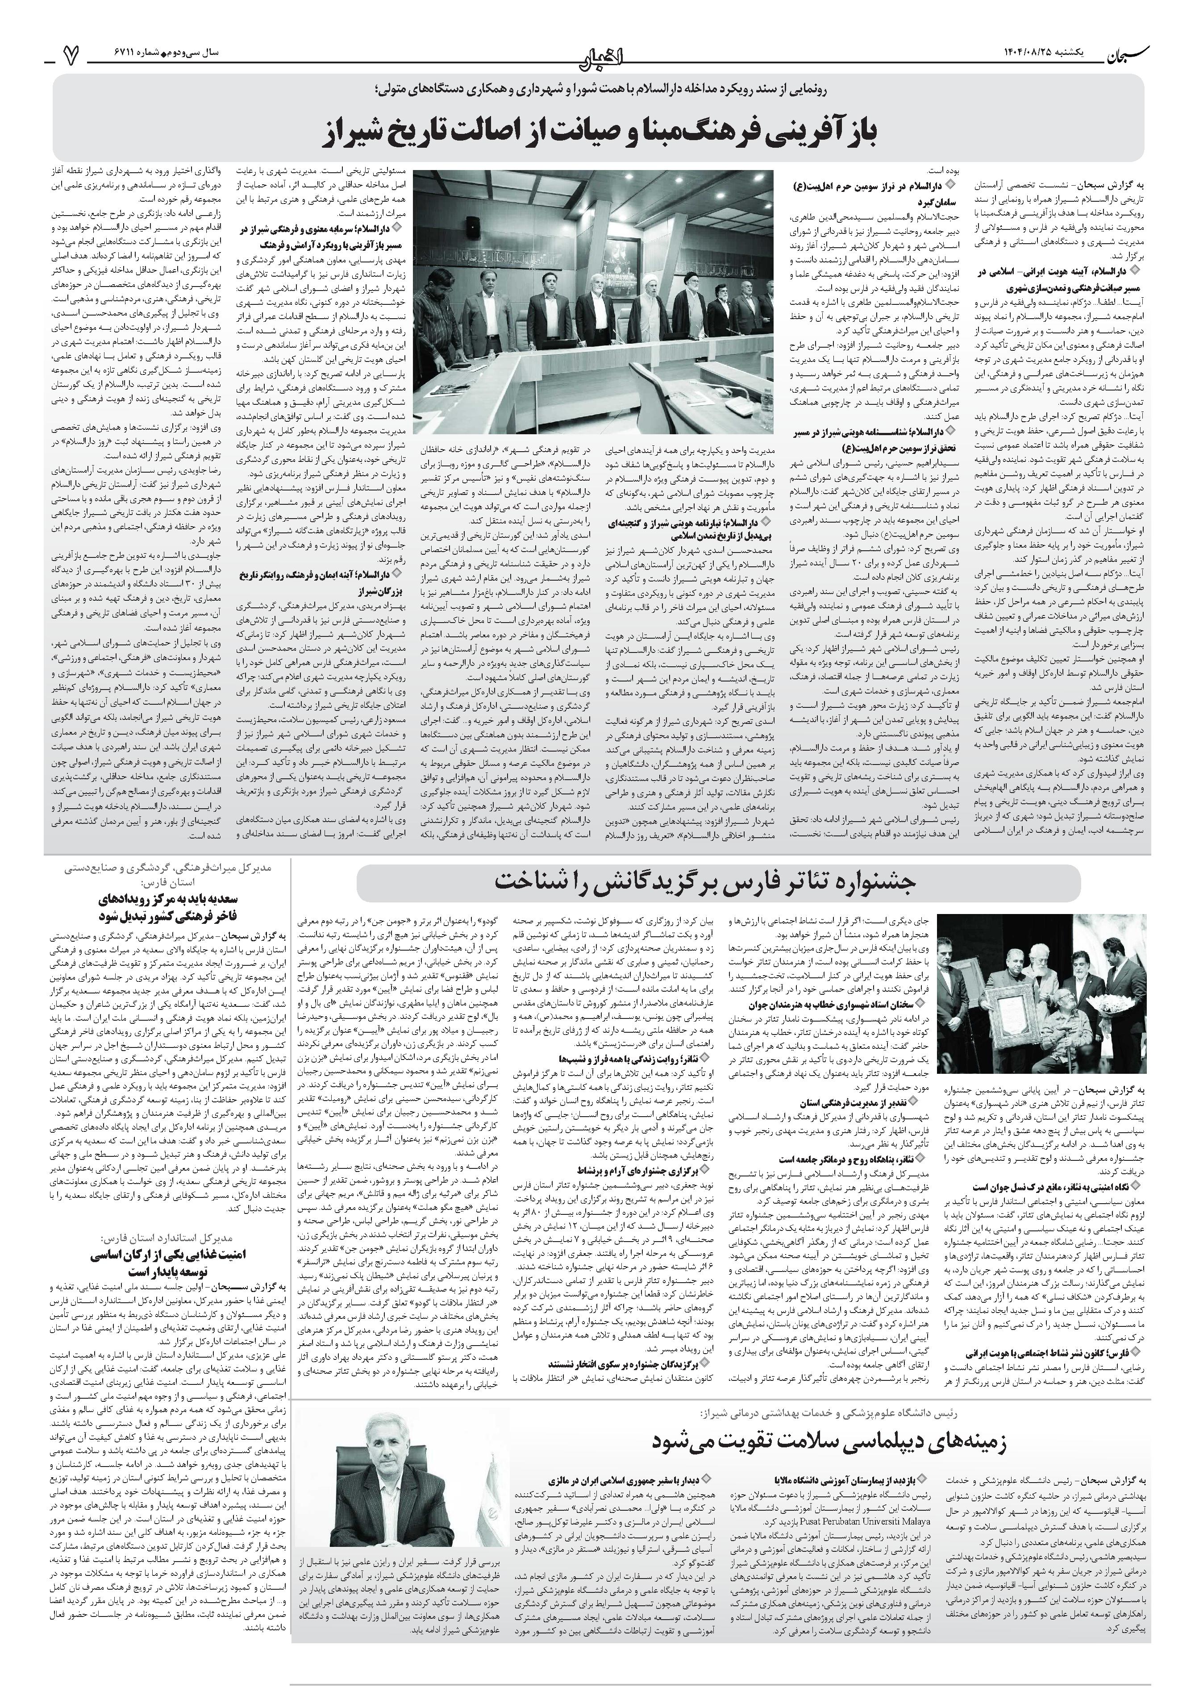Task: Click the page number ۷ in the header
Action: [x=71, y=53]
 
